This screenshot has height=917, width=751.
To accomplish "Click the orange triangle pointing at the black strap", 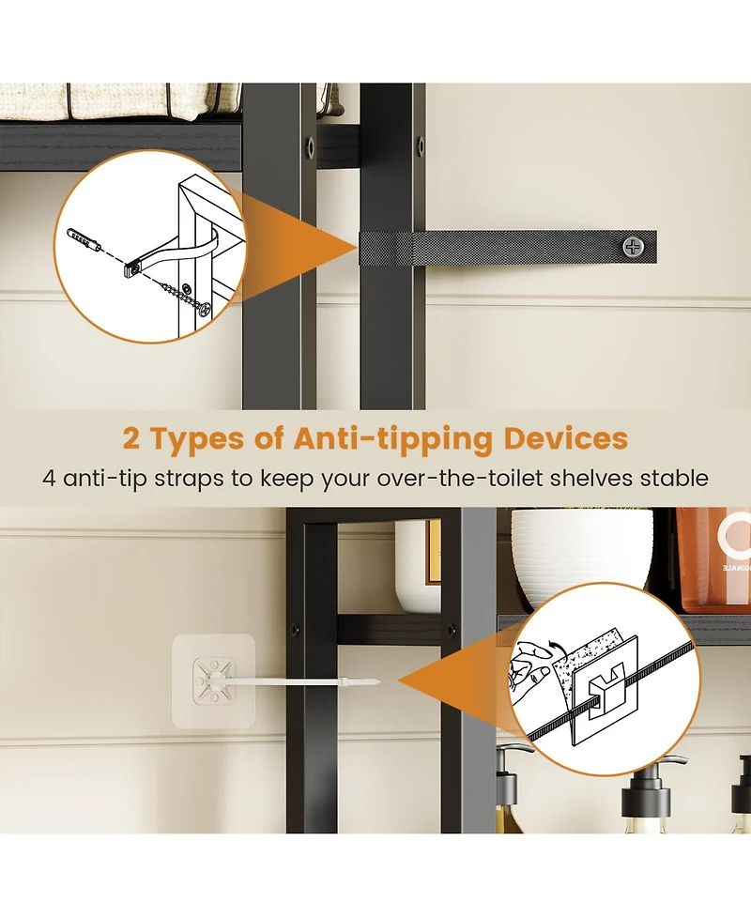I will click(310, 247).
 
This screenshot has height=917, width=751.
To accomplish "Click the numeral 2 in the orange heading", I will click(134, 439).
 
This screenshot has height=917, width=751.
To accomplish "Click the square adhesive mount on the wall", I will click(214, 681).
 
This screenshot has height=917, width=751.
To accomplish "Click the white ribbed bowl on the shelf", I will click(581, 558).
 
